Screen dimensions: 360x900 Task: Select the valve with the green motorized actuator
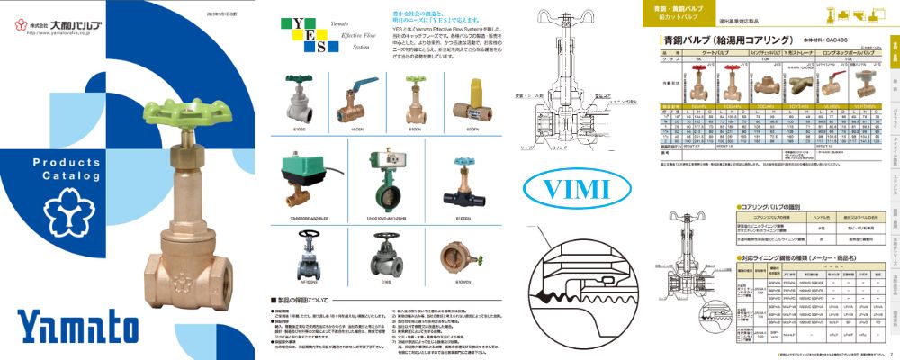coord(299,170)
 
